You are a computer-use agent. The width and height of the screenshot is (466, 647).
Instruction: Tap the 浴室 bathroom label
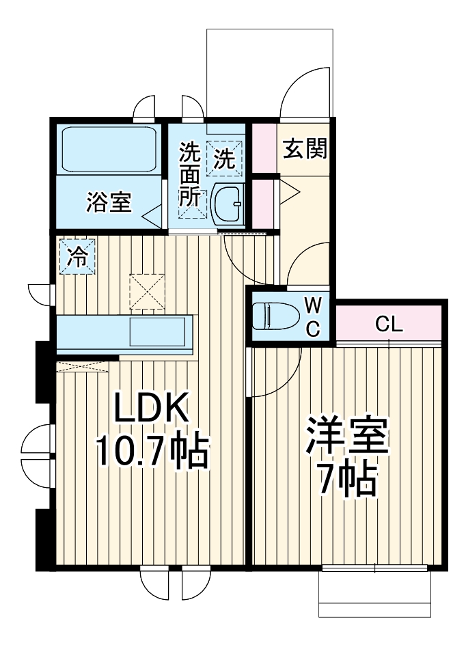click(109, 202)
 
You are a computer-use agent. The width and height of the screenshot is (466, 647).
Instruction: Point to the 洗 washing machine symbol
click(225, 159)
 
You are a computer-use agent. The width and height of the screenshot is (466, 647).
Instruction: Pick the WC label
click(312, 316)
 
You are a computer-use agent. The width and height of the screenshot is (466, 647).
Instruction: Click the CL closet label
click(389, 325)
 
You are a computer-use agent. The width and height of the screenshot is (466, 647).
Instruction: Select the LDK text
click(150, 411)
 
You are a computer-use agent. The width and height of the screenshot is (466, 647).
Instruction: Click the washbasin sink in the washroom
click(226, 203)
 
